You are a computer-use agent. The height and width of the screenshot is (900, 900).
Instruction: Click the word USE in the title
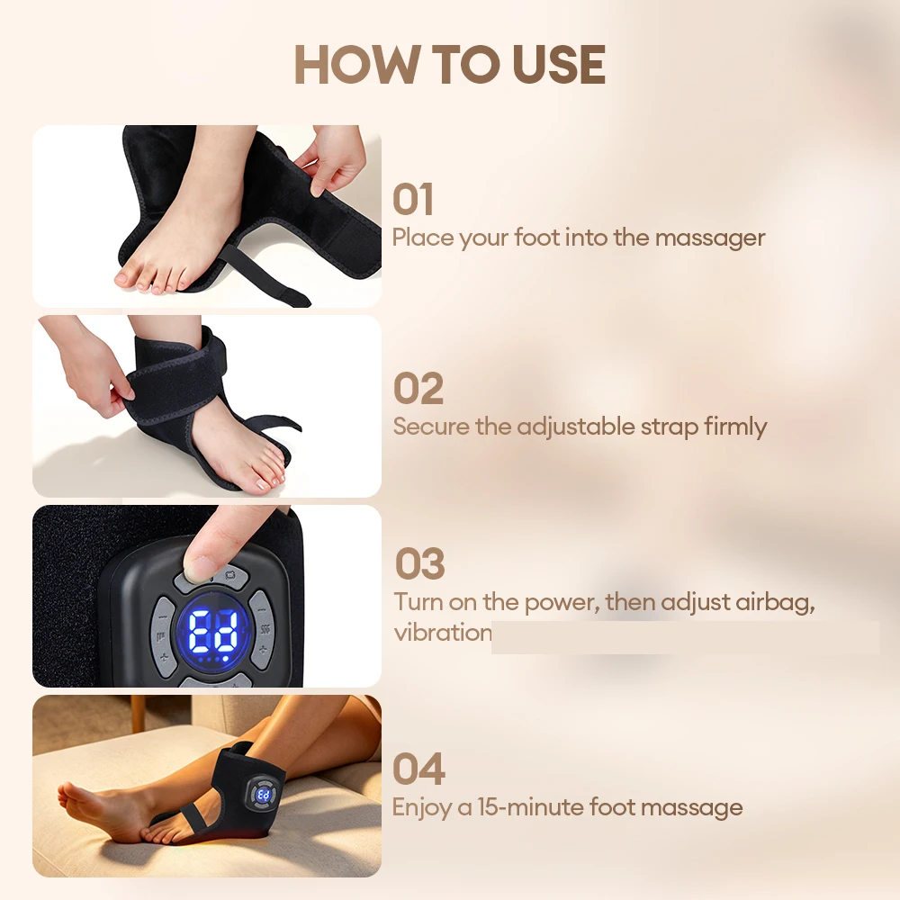click(559, 64)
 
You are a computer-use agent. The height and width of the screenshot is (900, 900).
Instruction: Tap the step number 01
click(412, 200)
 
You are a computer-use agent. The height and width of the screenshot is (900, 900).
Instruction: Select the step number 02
click(418, 389)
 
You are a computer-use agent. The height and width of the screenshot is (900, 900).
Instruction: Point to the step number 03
click(419, 563)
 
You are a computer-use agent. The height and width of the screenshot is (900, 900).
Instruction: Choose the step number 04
click(418, 769)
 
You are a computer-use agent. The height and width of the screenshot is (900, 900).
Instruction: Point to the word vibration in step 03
click(443, 633)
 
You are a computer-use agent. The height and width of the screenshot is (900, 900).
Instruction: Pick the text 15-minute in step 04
click(531, 807)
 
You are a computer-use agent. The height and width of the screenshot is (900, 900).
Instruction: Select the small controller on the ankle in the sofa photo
click(263, 794)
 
